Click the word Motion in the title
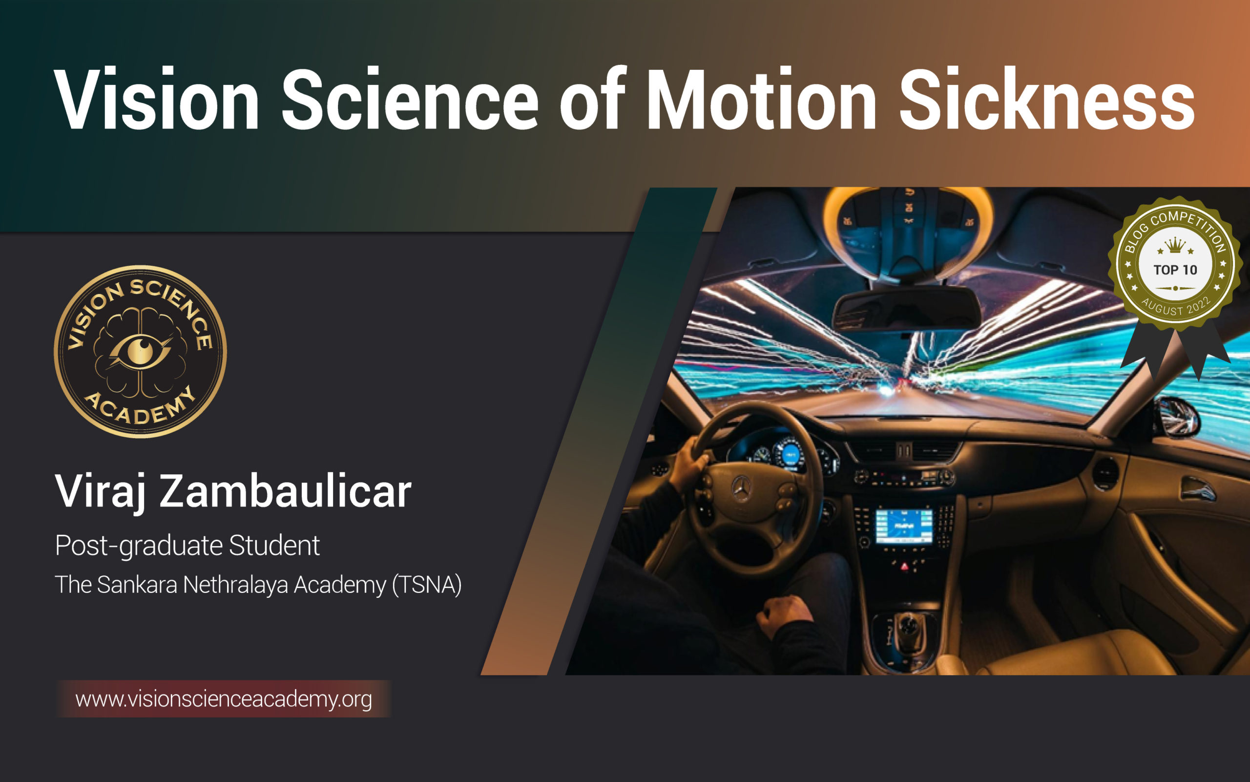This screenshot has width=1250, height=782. pyautogui.click(x=761, y=99)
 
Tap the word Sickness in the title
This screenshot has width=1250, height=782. pyautogui.click(x=1047, y=99)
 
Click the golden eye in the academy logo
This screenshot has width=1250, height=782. pyautogui.click(x=140, y=351)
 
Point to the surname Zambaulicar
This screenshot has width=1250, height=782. pyautogui.click(x=285, y=491)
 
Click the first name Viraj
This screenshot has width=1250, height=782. pyautogui.click(x=100, y=491)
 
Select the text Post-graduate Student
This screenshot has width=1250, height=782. pyautogui.click(x=187, y=546)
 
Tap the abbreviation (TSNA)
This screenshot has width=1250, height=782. pyautogui.click(x=426, y=585)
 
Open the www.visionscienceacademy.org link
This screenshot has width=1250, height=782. pyautogui.click(x=223, y=699)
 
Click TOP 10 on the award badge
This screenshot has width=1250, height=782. pyautogui.click(x=1175, y=270)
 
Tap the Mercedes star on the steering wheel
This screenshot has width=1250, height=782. pyautogui.click(x=742, y=488)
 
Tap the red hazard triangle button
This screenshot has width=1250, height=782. pyautogui.click(x=905, y=566)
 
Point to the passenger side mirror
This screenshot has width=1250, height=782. pyautogui.click(x=1178, y=417)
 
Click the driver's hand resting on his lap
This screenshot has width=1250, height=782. pyautogui.click(x=785, y=615)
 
